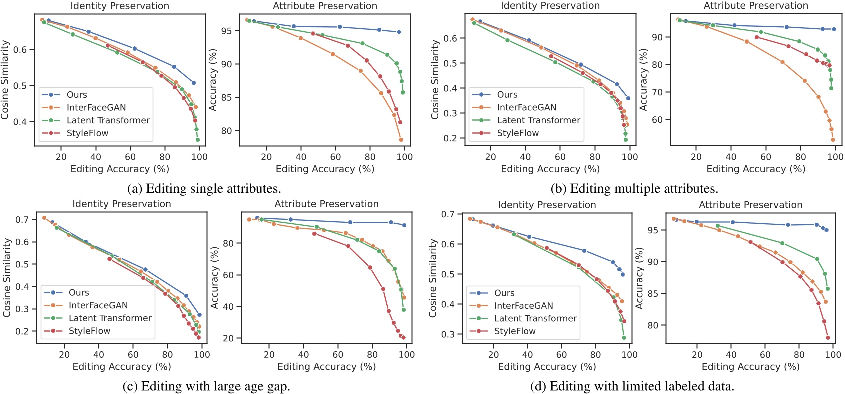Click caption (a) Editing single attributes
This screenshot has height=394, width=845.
coord(204,189)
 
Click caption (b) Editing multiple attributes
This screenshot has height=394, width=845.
coord(634,189)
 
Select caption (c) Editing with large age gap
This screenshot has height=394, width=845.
coord(206,386)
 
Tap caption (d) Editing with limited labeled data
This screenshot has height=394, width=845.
coord(632,386)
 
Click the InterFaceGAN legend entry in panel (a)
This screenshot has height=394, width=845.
coord(96,107)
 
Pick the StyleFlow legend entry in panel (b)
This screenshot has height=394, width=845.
coord(517,133)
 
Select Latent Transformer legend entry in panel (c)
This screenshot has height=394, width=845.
coord(110,318)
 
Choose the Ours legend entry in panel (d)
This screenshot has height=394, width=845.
coord(504,293)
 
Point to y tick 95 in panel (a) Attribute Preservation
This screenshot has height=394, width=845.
coord(226,31)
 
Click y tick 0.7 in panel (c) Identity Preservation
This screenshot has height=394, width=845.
coord(22,219)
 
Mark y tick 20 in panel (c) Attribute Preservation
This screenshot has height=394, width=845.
coord(228,338)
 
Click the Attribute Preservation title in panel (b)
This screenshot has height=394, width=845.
coord(755,6)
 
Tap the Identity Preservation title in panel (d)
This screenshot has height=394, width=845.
coord(546,205)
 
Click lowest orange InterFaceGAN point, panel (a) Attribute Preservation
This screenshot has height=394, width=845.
coord(401,140)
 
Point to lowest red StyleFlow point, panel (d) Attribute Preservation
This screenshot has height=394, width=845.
coord(828,338)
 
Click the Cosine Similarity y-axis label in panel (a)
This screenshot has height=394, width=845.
coord(5,80)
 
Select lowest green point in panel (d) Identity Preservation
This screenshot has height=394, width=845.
coord(624,338)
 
